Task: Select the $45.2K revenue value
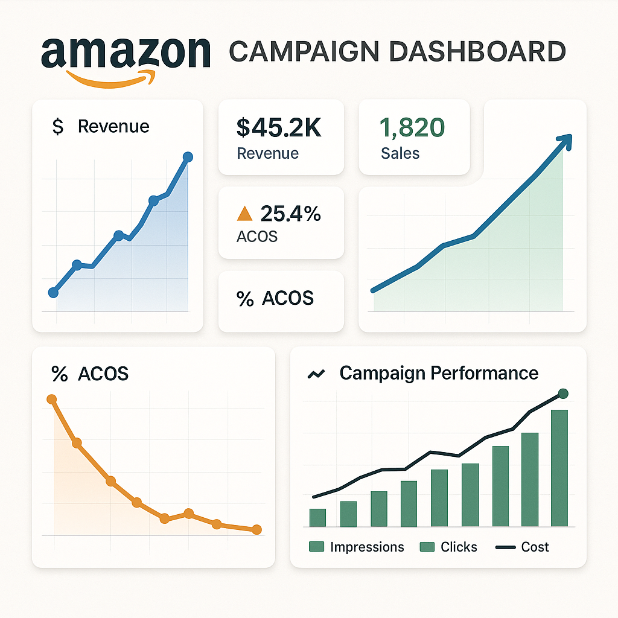click(x=279, y=127)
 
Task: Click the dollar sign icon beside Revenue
click(x=58, y=127)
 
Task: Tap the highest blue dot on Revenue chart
click(x=187, y=157)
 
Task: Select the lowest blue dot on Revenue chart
click(x=53, y=293)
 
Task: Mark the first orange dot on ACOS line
click(x=52, y=399)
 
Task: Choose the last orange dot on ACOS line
click(x=256, y=529)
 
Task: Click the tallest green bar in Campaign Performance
click(x=559, y=468)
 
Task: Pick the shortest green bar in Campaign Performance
click(x=317, y=517)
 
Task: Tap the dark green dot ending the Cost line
click(x=563, y=393)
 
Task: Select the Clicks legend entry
click(x=448, y=547)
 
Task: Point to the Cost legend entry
click(x=523, y=547)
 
